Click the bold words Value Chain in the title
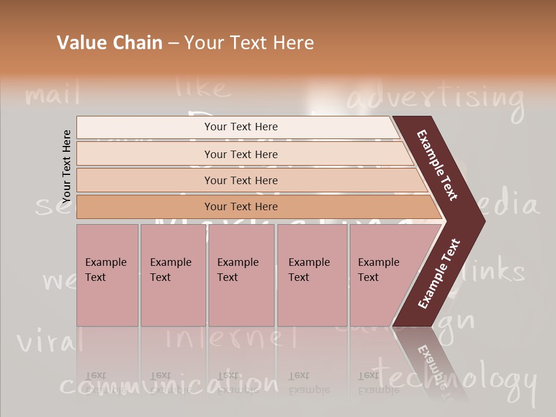coord(109,43)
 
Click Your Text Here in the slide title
coord(249,43)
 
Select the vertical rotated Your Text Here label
coord(67,166)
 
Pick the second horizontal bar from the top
coord(241,154)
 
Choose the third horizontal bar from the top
coord(241,180)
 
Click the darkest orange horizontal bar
coord(241,207)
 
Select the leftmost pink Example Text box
coord(107,275)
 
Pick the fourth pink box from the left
coord(312,275)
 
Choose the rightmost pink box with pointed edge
coord(382,275)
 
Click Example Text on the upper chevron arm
coord(437,165)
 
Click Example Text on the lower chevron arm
coord(438,274)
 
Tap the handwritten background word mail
coord(52,93)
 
